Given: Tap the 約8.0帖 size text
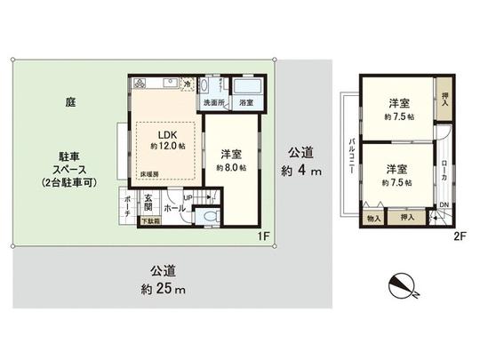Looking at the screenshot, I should click(228, 166).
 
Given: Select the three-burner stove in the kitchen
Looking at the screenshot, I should click(144, 84).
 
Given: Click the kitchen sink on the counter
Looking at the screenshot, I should click(169, 84).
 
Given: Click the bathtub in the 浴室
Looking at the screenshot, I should click(246, 86).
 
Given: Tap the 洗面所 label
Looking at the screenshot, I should click(213, 103).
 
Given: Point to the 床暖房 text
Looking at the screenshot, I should click(148, 174).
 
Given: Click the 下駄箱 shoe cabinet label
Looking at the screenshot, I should click(153, 227).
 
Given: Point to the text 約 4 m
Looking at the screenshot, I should click(300, 170).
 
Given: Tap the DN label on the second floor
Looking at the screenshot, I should click(444, 205).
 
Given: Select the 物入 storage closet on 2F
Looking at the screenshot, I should click(373, 217).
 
